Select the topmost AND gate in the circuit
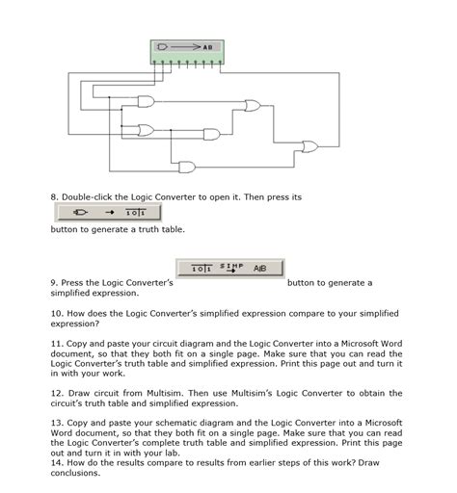251,105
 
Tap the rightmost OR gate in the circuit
309,147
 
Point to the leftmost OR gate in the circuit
146,129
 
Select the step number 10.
55,314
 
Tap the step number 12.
55,393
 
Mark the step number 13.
55,423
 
